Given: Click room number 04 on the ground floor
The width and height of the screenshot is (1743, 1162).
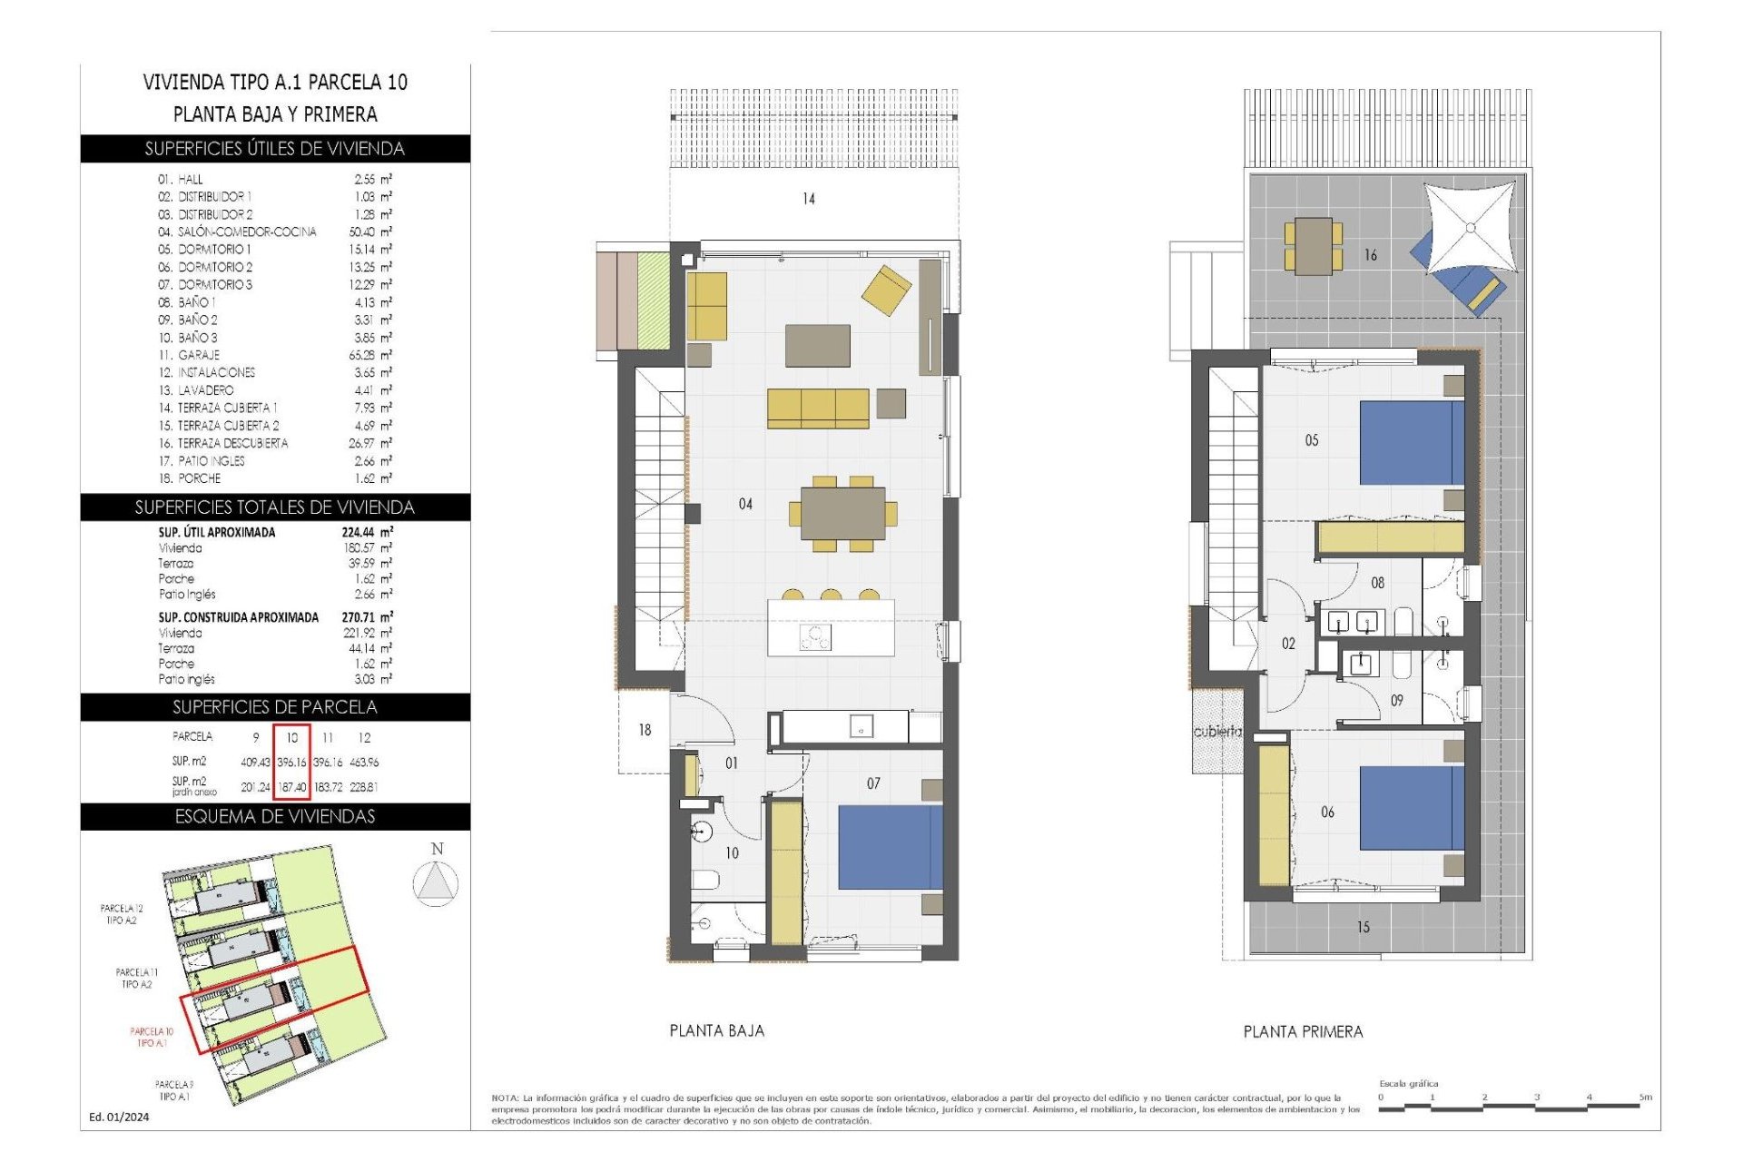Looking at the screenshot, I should (744, 504).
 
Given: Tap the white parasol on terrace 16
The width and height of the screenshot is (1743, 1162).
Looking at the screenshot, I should (1470, 226).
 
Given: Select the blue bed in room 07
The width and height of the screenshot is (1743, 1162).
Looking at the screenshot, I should (890, 847).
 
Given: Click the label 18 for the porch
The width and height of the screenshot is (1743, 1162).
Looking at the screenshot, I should (645, 730).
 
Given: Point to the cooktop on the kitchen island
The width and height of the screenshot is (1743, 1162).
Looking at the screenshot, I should (814, 638).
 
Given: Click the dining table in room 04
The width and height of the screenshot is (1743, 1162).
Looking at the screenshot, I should (842, 514).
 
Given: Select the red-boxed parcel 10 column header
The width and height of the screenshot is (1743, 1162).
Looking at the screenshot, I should (292, 737).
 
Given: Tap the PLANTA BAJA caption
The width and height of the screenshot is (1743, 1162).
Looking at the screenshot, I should (716, 1030).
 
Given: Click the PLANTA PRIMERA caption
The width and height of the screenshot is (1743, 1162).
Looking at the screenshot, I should (1303, 1031).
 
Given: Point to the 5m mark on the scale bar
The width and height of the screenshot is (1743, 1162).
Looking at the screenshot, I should (1645, 1098).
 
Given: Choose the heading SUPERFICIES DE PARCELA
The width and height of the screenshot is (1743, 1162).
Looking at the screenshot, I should (274, 707).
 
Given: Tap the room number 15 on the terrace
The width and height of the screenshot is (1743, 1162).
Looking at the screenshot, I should (1363, 927).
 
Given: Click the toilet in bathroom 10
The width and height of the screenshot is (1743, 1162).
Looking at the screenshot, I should (705, 879).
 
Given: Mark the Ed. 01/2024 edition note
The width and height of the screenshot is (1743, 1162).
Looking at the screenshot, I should (119, 1117).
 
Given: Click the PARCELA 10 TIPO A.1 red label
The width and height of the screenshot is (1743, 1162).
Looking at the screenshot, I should (152, 1037).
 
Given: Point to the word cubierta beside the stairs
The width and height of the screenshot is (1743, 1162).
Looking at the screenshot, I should (1216, 731).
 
